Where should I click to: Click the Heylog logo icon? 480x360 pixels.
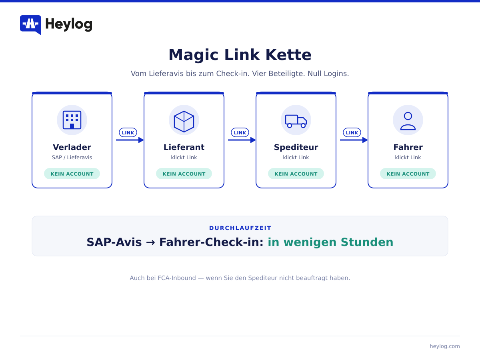30,25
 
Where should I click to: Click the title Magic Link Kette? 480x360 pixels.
240,55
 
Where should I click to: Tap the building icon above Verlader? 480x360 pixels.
72,120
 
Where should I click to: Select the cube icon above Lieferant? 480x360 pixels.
184,121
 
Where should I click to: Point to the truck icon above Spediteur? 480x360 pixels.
296,121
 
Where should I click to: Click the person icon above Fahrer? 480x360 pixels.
408,121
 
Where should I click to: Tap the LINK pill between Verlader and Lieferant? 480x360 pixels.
128,132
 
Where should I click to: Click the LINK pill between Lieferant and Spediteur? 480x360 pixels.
240,132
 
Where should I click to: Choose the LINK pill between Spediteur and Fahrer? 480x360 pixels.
352,132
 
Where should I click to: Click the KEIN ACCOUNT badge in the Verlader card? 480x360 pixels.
72,174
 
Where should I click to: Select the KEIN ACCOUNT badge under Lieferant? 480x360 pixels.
184,174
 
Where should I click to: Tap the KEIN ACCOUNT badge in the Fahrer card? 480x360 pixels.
408,174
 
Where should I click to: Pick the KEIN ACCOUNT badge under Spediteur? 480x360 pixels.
296,174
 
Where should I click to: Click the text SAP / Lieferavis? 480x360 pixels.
72,157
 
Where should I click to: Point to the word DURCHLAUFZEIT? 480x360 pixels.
240,228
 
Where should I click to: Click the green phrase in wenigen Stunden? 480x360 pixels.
330,242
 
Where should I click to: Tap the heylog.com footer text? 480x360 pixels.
444,346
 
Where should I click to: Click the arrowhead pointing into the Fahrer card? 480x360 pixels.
365,140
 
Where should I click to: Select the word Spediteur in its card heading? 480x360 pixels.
296,148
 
